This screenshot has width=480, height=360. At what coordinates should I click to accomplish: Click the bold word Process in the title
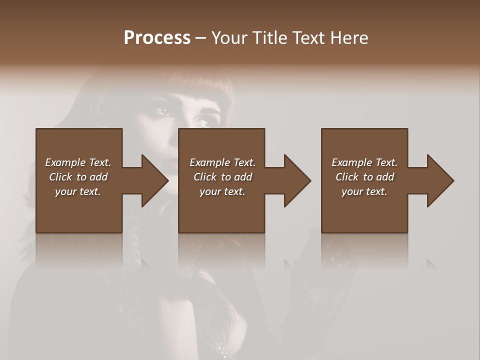(157, 37)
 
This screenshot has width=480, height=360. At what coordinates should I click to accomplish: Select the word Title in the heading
(270, 37)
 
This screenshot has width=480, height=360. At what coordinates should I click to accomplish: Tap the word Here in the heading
(349, 37)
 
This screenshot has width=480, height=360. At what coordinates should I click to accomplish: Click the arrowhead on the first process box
(154, 180)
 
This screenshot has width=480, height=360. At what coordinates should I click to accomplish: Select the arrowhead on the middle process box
(297, 180)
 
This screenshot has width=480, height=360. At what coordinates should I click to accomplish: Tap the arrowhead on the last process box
(440, 180)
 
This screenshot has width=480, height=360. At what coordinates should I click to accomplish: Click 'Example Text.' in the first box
(78, 162)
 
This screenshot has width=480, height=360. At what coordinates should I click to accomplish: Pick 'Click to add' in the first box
(78, 177)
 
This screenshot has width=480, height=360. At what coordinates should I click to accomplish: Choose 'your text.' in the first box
(78, 191)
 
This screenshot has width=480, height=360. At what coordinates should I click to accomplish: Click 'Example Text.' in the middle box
(222, 162)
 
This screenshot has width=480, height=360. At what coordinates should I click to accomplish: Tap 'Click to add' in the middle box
(222, 177)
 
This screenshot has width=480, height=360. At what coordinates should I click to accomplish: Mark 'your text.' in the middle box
(222, 191)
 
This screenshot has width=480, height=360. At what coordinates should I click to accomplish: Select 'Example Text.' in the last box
(364, 162)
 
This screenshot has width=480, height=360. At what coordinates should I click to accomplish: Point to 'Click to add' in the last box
(364, 177)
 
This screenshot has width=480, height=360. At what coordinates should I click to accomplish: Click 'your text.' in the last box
(364, 191)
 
